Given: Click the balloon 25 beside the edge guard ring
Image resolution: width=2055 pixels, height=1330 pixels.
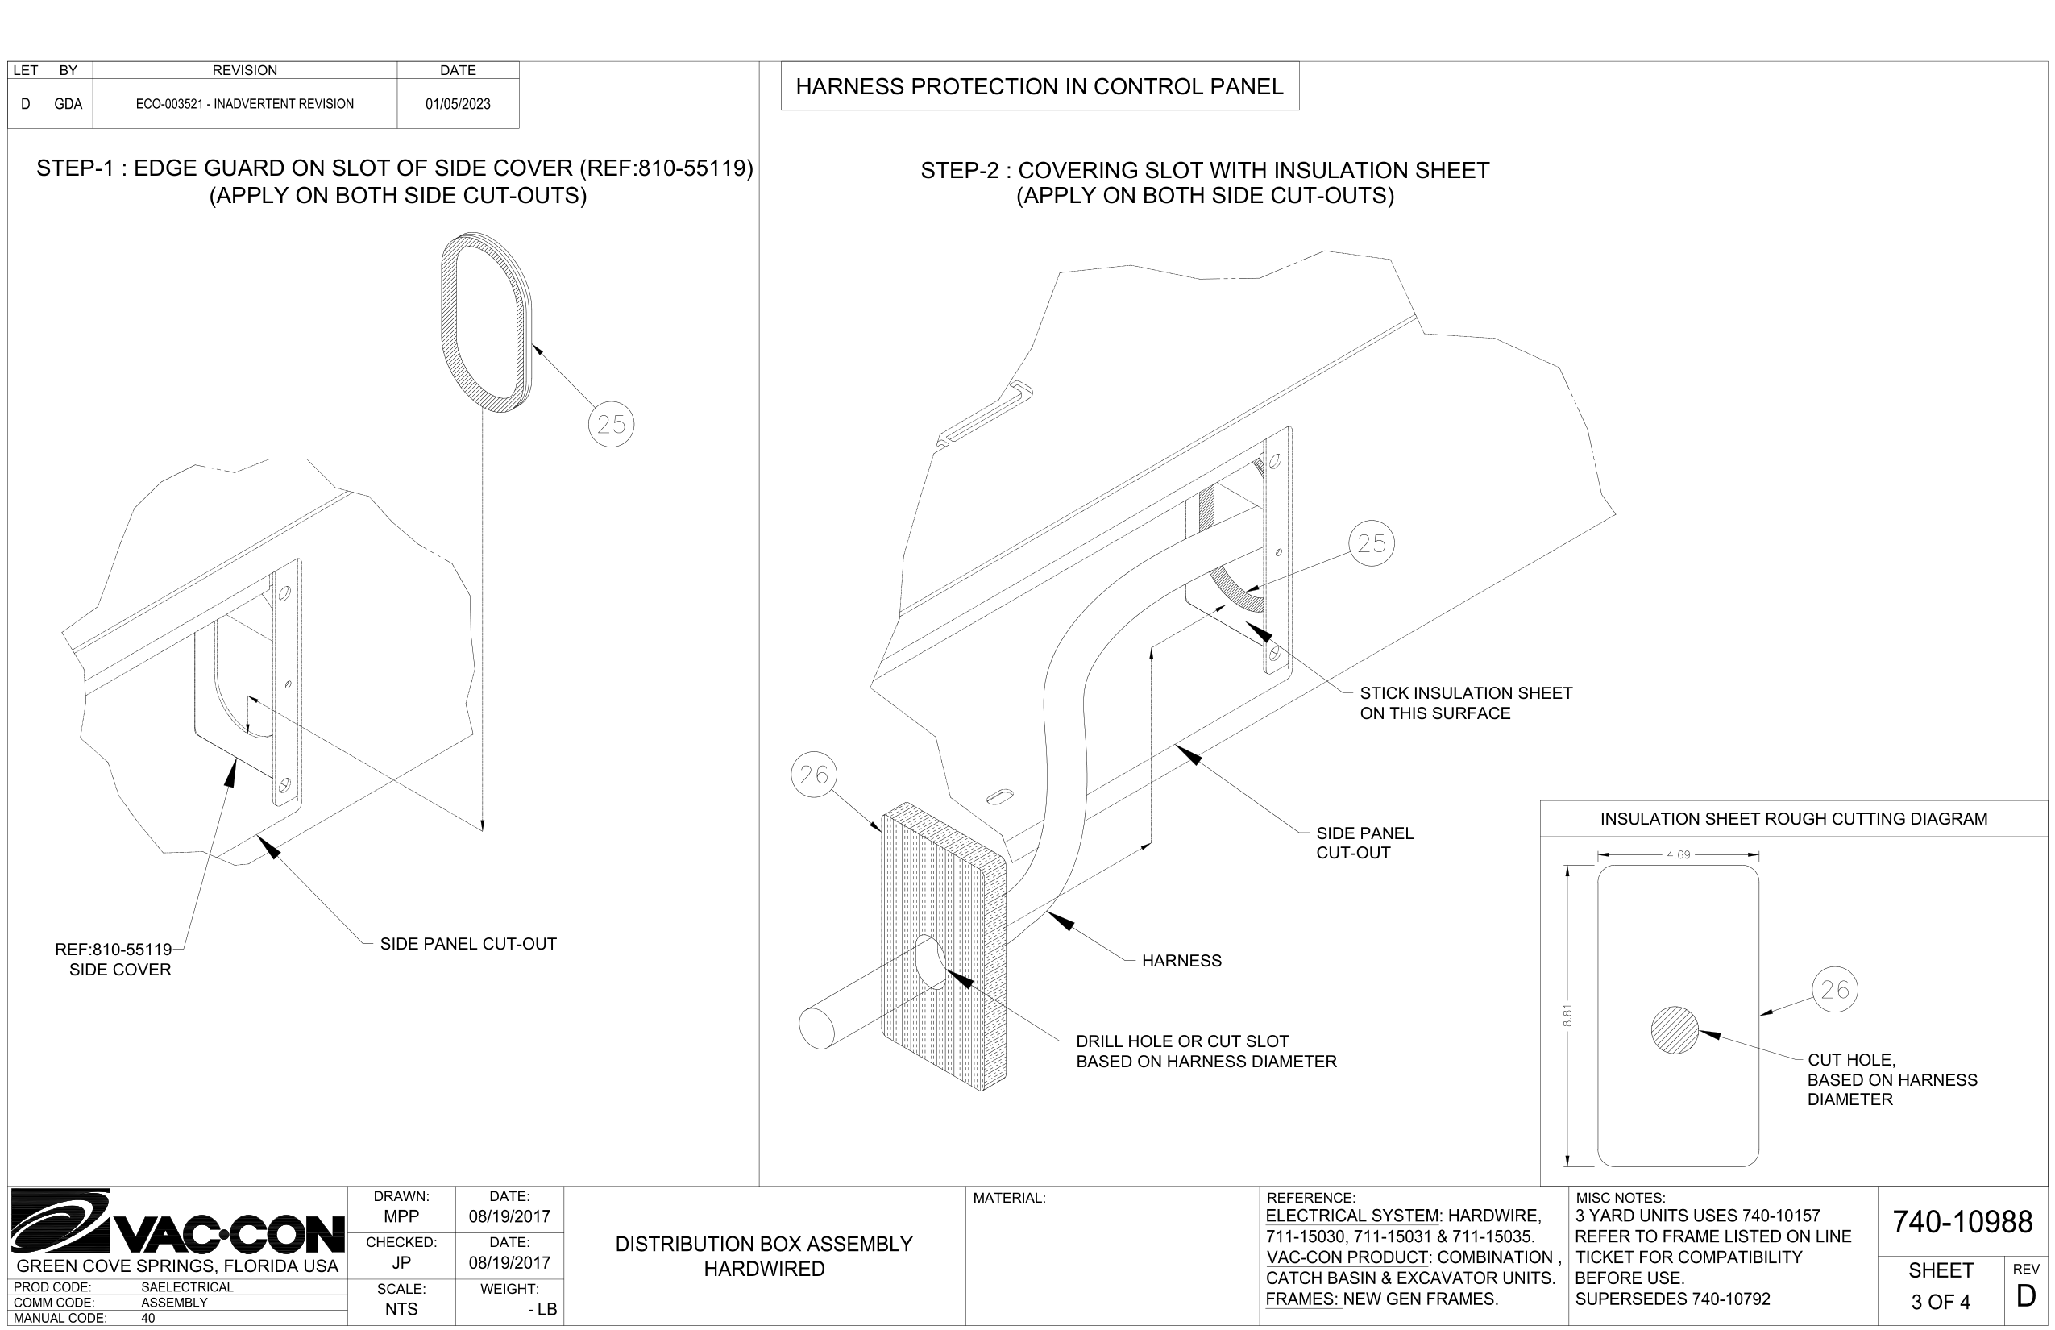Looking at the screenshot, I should (x=612, y=424).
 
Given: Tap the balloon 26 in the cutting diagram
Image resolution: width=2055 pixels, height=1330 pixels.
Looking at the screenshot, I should (x=1834, y=989).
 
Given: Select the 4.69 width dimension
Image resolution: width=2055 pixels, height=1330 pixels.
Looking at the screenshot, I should (x=1678, y=855).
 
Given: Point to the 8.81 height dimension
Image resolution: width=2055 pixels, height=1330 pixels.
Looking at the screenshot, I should (x=1567, y=1016).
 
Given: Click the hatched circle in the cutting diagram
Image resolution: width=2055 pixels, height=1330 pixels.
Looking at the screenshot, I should (x=1675, y=1030).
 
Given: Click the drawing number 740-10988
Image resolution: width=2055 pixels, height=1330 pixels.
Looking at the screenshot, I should (x=1962, y=1222).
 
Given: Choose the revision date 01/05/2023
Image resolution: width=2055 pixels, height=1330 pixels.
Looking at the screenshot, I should (x=458, y=104).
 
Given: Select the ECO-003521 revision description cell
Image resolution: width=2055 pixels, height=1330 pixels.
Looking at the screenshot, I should (x=244, y=104).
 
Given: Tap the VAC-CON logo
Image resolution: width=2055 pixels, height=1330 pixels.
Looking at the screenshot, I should (x=177, y=1222).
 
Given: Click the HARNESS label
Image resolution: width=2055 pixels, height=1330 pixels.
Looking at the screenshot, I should (x=1181, y=960).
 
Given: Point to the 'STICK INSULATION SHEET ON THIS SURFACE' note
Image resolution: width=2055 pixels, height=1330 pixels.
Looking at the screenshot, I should (x=1465, y=703).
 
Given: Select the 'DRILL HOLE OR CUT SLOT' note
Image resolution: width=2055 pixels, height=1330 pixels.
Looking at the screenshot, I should (x=1206, y=1051).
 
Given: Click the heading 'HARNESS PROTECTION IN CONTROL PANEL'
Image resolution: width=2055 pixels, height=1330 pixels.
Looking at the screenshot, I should (x=1039, y=86).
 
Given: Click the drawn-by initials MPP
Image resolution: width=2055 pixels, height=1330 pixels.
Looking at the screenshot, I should (x=401, y=1217).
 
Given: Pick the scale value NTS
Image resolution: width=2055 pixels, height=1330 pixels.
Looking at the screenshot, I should (x=401, y=1309).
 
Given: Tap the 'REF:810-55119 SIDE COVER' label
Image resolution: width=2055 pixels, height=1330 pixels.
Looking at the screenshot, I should (x=114, y=959).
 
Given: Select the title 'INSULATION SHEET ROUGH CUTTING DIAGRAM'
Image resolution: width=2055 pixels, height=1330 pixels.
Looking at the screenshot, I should (x=1792, y=819).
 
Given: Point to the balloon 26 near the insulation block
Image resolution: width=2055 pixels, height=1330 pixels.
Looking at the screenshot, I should (x=813, y=775).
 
